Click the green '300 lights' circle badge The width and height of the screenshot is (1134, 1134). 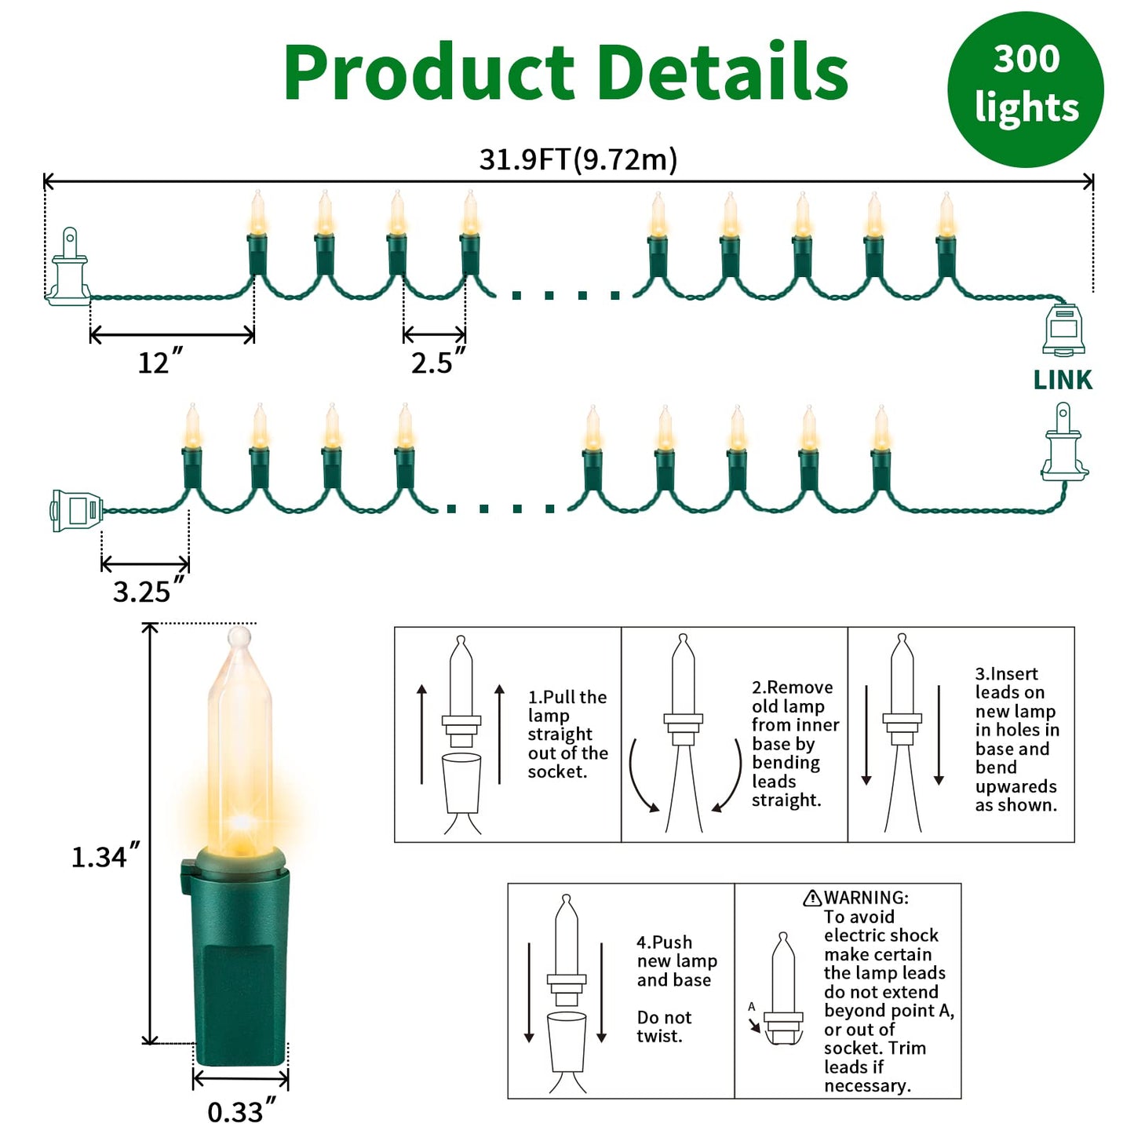tap(1025, 89)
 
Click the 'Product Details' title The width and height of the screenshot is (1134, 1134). tap(566, 73)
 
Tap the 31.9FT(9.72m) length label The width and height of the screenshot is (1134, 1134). tap(578, 159)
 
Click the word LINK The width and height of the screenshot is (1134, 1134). tap(1063, 380)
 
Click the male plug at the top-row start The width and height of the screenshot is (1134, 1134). tap(68, 267)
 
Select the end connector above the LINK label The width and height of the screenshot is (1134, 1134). tap(1063, 330)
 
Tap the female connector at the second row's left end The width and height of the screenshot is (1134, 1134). tap(77, 510)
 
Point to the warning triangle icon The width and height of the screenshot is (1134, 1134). tap(812, 898)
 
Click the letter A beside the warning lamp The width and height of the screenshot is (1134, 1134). tap(752, 1007)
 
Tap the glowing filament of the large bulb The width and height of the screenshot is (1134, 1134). tap(241, 822)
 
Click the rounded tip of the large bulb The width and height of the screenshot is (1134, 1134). tap(239, 637)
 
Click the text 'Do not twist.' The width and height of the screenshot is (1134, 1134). tap(665, 1026)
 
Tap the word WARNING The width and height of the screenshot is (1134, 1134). tap(866, 898)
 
